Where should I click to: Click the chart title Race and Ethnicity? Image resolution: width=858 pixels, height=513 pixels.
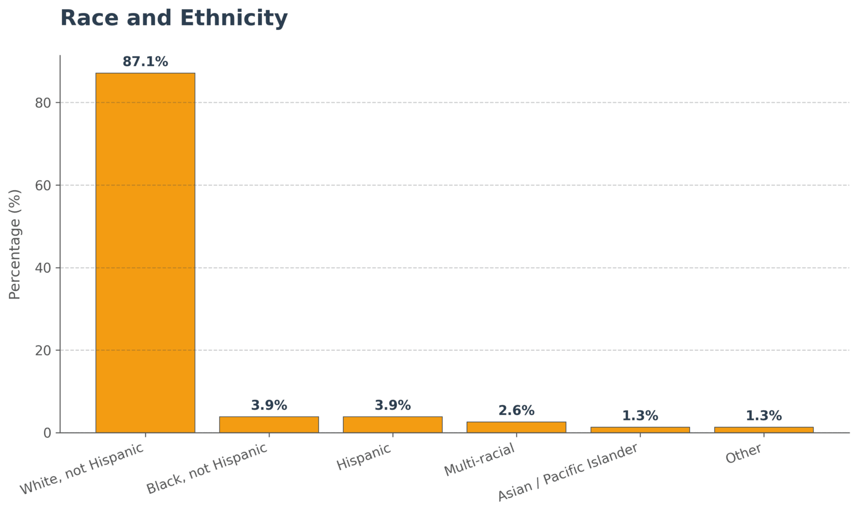click(174, 18)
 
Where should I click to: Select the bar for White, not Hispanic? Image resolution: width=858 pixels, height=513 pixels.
click(145, 253)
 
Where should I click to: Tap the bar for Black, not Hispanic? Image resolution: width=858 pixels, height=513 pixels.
click(269, 424)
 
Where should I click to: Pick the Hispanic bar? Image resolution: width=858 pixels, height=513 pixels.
click(392, 424)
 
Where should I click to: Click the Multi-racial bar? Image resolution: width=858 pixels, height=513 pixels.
click(516, 427)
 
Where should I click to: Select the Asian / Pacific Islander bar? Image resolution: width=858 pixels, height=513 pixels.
click(640, 430)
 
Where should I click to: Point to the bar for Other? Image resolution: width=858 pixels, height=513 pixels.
click(764, 430)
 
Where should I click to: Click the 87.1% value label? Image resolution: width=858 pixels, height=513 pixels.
click(145, 62)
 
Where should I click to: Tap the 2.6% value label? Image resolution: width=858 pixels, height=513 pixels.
click(516, 411)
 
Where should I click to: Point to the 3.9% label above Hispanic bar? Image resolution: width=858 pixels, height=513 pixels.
click(392, 405)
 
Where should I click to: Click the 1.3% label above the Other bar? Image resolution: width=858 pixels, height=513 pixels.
click(764, 416)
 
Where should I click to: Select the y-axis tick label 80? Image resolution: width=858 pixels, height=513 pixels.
click(43, 103)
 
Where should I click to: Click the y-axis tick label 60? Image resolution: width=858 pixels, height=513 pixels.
click(43, 186)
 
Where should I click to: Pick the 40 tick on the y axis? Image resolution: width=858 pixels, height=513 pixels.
click(43, 268)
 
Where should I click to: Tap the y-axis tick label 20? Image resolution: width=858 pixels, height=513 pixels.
click(43, 351)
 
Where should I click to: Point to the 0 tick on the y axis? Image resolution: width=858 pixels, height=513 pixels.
click(47, 433)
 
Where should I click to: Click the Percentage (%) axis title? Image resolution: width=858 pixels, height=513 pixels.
click(15, 244)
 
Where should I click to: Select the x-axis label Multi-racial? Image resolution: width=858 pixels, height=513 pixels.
click(479, 460)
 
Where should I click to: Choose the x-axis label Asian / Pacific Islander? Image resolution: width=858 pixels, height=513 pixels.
click(568, 472)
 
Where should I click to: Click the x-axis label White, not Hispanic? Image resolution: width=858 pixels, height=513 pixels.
click(82, 469)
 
